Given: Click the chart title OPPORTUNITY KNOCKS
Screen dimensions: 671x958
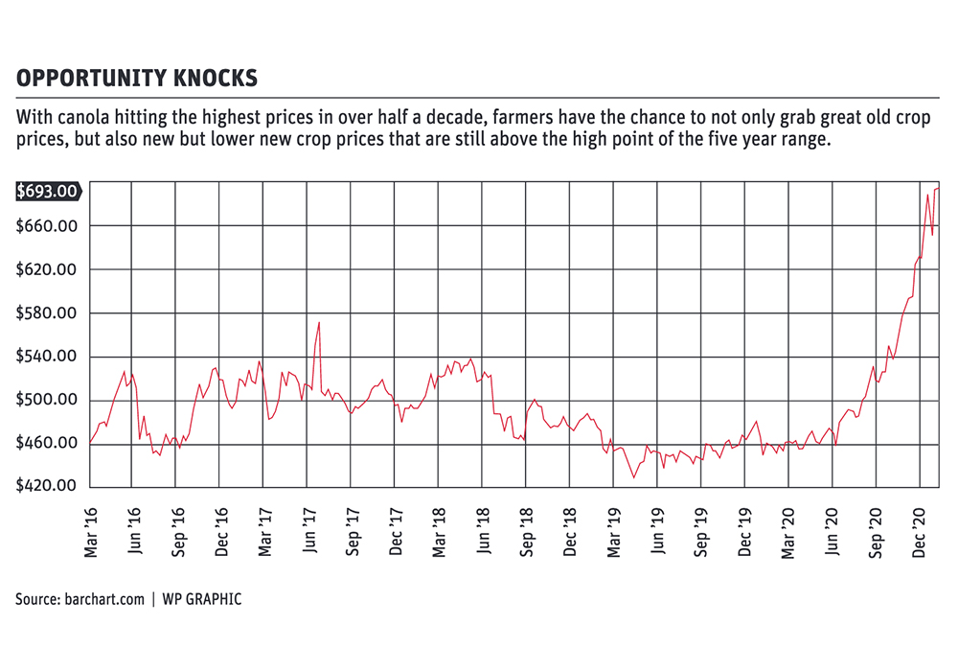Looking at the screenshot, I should [x=136, y=78].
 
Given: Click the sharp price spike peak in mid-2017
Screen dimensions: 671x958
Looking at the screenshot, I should [x=318, y=323].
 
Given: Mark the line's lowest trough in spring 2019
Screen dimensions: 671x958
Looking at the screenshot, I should [x=633, y=477].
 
